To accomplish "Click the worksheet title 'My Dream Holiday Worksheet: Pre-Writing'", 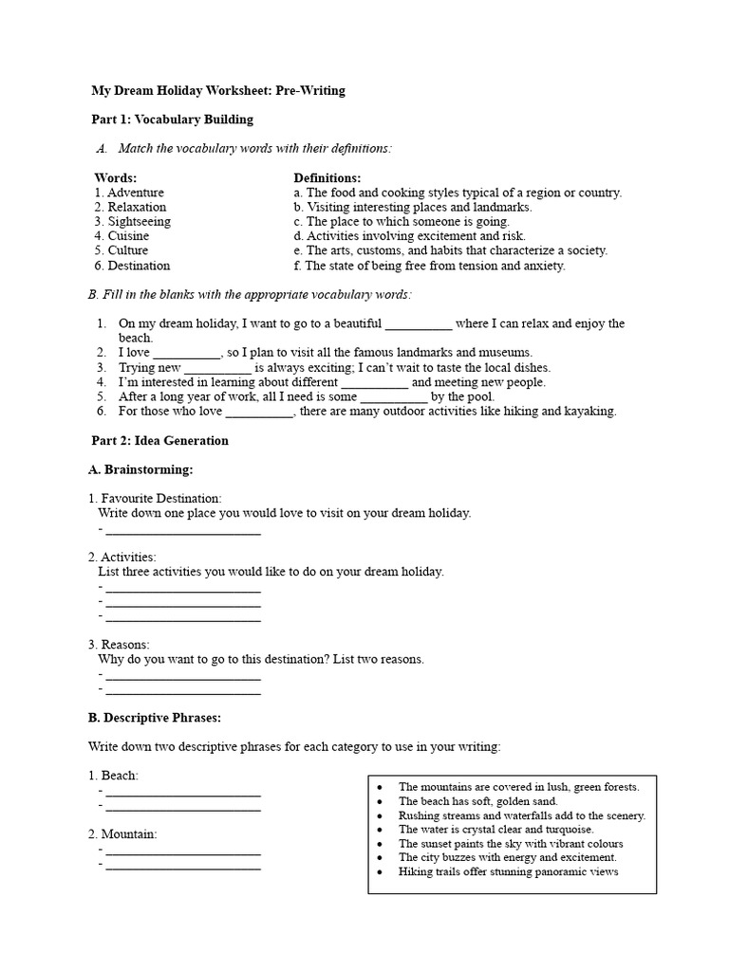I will tap(217, 91).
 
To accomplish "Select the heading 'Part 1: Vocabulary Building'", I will tap(172, 119).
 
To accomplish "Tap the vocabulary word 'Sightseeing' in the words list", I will tap(139, 221).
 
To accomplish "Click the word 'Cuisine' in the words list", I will tap(128, 236).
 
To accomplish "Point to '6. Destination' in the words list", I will tap(132, 266).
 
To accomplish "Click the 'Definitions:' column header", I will tap(327, 177).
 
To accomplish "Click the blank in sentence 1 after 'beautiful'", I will tap(419, 324).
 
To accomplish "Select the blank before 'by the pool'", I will tap(394, 397).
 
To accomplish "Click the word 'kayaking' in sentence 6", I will tap(591, 412).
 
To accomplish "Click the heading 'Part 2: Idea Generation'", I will tap(159, 441).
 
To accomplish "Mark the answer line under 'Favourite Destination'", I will tap(182, 531).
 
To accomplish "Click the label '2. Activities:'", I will tap(122, 557).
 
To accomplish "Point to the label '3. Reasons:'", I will tap(119, 645).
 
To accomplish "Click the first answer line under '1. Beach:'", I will tap(182, 793).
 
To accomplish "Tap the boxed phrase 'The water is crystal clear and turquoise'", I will tap(495, 829).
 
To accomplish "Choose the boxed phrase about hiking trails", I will tap(508, 871).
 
